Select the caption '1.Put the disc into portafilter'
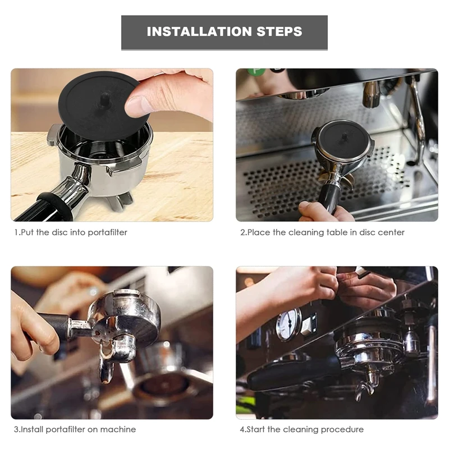(x=71, y=232)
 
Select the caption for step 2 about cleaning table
(x=322, y=232)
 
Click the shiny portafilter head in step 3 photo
(x=126, y=317)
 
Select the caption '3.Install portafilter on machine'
(x=75, y=429)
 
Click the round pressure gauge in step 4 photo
(x=288, y=324)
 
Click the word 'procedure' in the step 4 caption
(x=343, y=429)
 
